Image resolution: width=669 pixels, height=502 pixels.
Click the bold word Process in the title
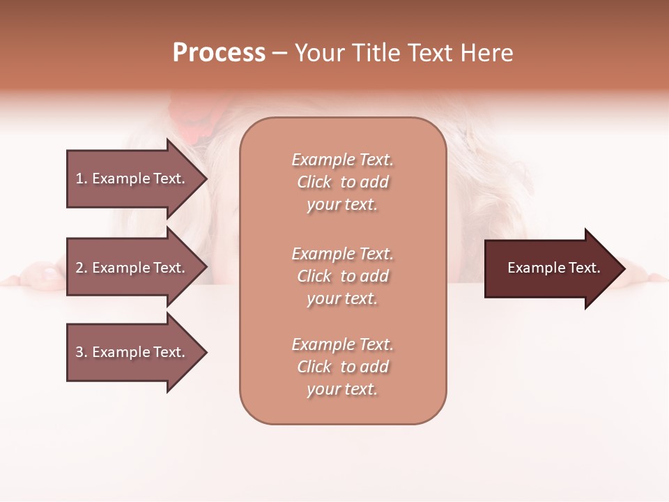click(219, 53)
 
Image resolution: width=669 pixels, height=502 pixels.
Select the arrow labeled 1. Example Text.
click(132, 178)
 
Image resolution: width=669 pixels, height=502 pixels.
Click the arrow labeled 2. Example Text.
click(132, 268)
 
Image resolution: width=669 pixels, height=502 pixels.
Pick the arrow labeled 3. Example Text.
click(132, 353)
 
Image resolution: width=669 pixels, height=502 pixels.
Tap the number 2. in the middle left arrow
click(82, 268)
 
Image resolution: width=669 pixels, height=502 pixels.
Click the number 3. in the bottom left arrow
click(82, 353)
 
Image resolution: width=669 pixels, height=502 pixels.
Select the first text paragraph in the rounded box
click(342, 182)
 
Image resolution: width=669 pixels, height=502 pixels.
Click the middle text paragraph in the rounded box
click(342, 276)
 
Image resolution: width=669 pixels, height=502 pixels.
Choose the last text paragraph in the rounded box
click(342, 367)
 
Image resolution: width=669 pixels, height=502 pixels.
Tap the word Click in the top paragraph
click(314, 183)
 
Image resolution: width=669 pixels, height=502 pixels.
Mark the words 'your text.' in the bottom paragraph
click(342, 390)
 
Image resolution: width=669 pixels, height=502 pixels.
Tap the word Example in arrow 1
click(121, 178)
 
